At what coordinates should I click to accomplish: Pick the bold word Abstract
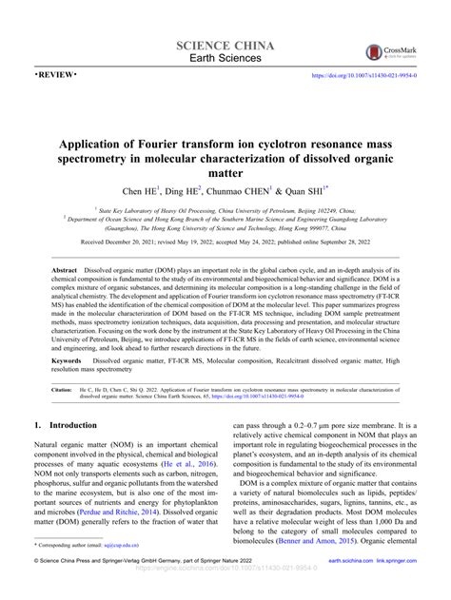point(65,270)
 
